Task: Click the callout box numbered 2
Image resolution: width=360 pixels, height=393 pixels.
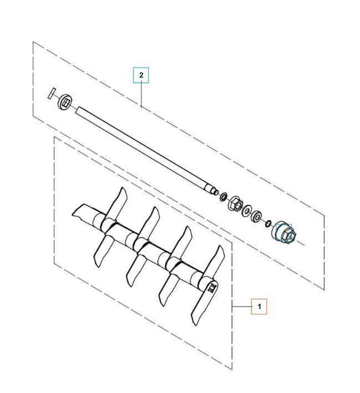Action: [141, 75]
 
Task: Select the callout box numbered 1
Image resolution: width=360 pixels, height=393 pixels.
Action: [259, 307]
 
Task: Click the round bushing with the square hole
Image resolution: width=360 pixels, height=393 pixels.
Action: [65, 100]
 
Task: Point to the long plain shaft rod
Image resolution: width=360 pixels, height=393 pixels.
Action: [144, 146]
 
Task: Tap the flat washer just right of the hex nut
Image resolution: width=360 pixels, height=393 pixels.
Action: [246, 210]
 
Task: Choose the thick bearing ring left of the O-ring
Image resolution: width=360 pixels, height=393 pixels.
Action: [257, 217]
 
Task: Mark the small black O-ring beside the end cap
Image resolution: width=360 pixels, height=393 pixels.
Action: [268, 223]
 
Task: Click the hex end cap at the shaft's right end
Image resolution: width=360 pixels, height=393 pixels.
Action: [284, 232]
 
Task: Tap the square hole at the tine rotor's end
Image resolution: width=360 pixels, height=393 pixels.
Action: [211, 288]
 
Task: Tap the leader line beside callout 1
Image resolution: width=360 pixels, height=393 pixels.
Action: [242, 306]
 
